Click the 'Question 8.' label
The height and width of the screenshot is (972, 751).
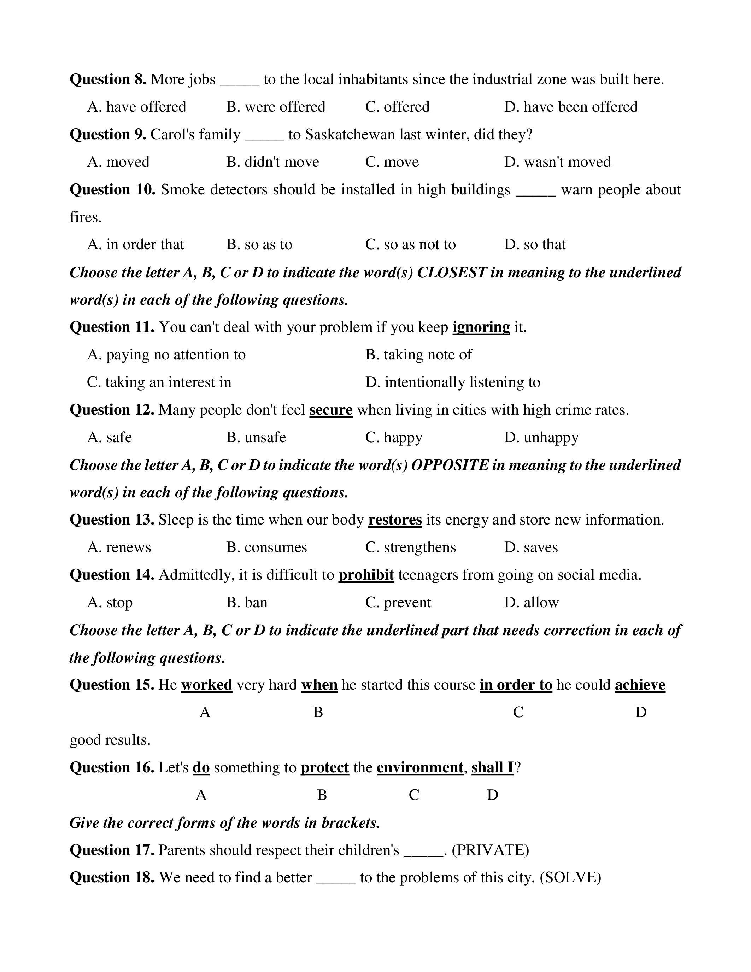click(108, 80)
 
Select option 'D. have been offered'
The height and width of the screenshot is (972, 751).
click(571, 107)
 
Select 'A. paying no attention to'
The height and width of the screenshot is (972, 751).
click(166, 355)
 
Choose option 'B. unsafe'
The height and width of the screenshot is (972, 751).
click(256, 438)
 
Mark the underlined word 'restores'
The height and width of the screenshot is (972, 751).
click(395, 520)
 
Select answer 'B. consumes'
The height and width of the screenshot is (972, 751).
click(266, 548)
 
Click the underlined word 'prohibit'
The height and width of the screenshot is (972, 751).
click(366, 575)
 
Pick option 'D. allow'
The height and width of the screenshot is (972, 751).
click(531, 603)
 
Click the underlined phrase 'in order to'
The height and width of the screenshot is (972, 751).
click(516, 685)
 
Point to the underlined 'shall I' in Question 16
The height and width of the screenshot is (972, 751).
click(492, 768)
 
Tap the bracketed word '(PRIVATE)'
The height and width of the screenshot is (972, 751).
click(490, 850)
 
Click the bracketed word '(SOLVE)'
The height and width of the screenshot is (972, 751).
click(570, 878)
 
